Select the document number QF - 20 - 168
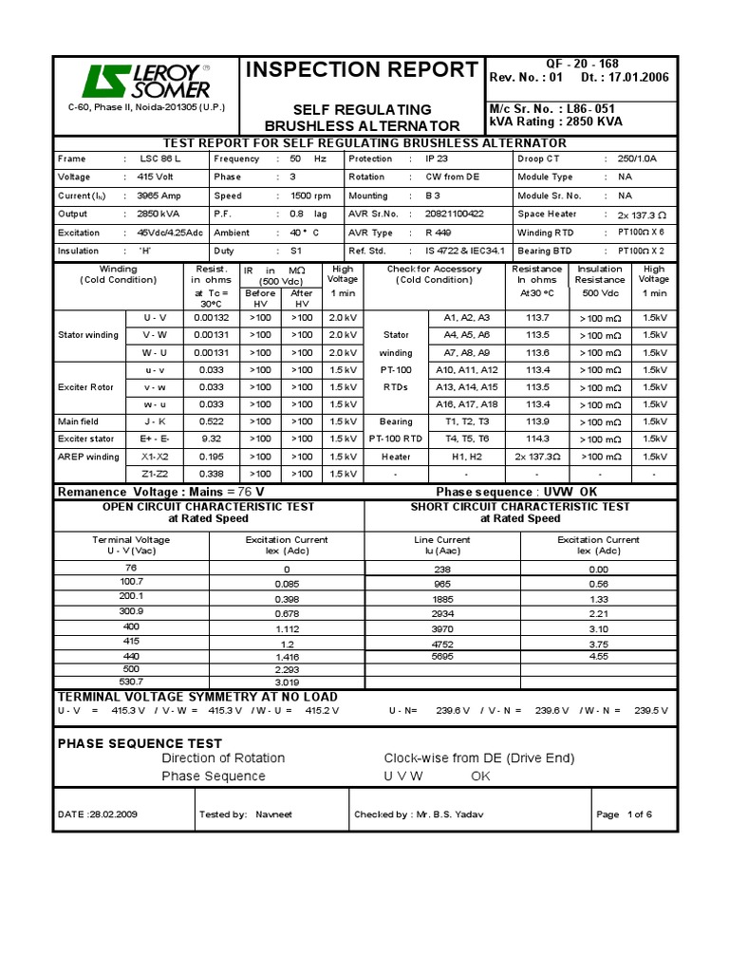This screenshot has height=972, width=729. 582,64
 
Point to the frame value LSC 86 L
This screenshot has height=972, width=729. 159,159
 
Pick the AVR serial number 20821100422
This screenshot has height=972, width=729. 455,215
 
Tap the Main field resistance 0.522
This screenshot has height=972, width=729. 211,421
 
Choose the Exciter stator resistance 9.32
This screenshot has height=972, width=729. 211,439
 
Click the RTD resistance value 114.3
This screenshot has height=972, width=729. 537,439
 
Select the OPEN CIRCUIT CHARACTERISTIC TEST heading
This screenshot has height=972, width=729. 208,507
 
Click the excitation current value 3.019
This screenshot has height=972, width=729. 287,682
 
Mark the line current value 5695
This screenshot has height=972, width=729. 442,656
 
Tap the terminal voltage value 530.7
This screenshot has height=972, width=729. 131,682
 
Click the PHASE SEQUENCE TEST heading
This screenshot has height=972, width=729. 140,743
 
